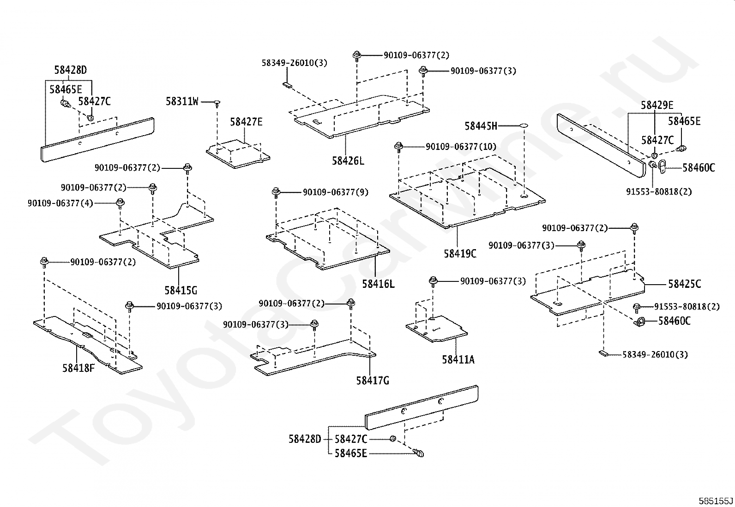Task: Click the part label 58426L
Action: (x=348, y=161)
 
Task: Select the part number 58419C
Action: (x=460, y=253)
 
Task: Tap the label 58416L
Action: (x=378, y=284)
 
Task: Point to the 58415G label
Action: (x=181, y=290)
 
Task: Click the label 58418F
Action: (x=78, y=368)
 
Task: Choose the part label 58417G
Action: (x=372, y=381)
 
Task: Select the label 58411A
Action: (x=458, y=359)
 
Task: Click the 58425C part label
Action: (x=684, y=284)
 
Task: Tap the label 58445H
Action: (x=481, y=126)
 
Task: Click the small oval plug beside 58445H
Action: (x=523, y=125)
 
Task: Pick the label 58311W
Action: (x=182, y=101)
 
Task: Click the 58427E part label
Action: (x=246, y=122)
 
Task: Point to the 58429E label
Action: (x=657, y=105)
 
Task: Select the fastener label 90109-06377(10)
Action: (x=461, y=147)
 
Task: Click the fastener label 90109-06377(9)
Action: (x=335, y=192)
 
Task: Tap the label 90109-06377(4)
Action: (x=60, y=203)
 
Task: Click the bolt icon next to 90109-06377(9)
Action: (x=276, y=192)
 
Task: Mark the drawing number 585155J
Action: (x=715, y=500)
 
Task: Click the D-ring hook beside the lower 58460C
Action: (x=640, y=322)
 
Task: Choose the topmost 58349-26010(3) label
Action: (x=294, y=63)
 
